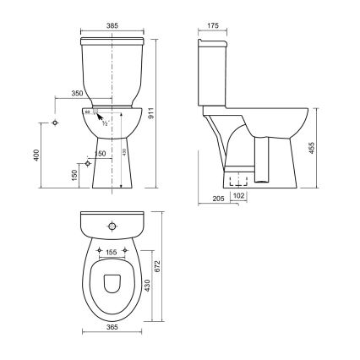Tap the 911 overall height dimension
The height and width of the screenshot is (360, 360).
(174, 110)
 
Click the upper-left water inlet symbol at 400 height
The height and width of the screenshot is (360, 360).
(56, 122)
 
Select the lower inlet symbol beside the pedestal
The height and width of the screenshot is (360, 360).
(86, 162)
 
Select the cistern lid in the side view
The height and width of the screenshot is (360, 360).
(211, 41)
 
